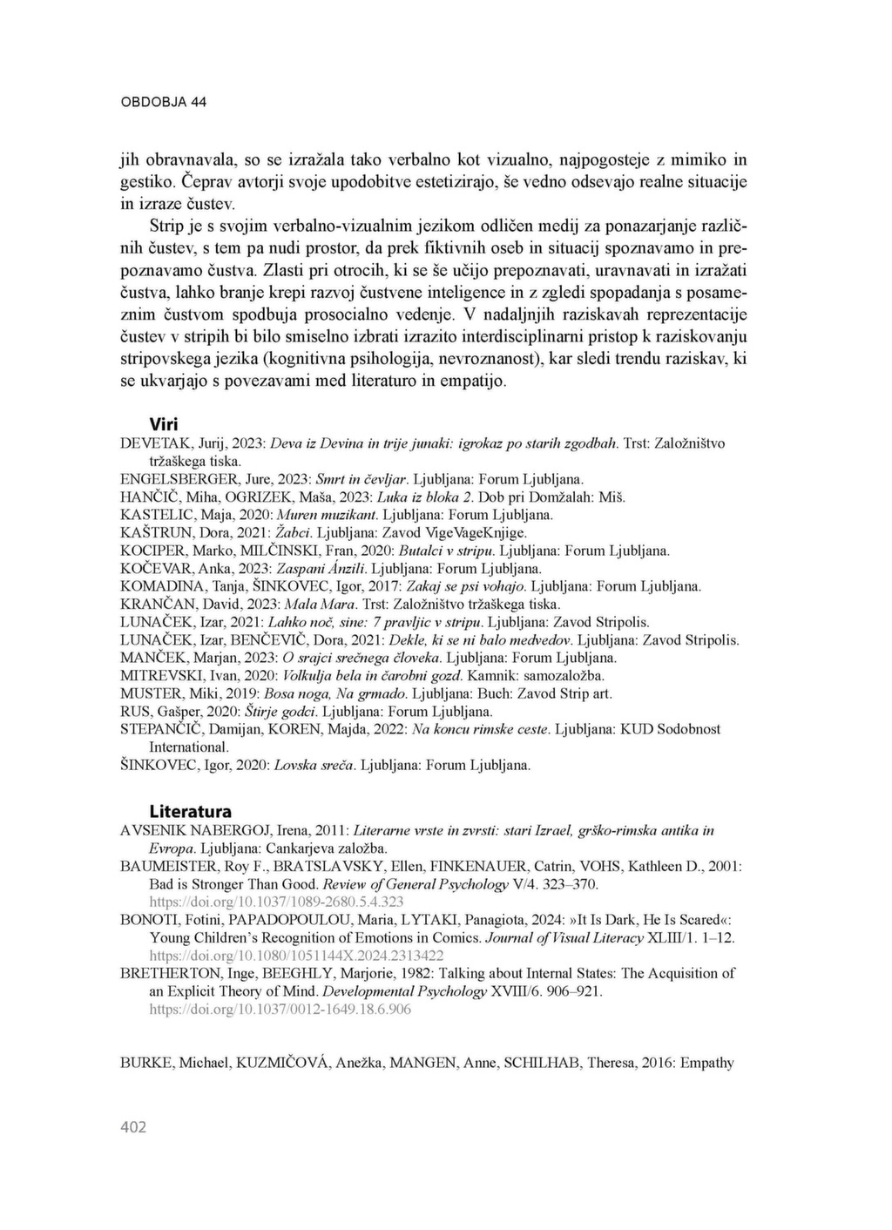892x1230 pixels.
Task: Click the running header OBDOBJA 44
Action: tap(163, 102)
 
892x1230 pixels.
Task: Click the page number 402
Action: tap(133, 1127)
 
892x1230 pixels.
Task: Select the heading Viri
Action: tap(164, 424)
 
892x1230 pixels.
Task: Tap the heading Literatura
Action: tap(190, 811)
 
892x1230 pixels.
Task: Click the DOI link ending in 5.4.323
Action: tap(276, 902)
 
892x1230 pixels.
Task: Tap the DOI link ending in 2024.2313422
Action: tap(296, 956)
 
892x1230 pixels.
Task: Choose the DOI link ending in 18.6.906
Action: tap(280, 1010)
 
